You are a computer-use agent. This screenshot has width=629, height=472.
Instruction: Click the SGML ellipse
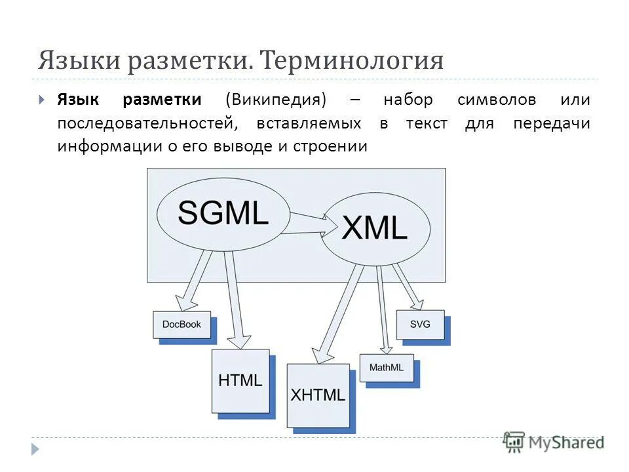click(223, 214)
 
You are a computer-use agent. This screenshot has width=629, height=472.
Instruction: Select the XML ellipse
click(375, 229)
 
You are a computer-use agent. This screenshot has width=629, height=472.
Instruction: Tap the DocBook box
click(182, 324)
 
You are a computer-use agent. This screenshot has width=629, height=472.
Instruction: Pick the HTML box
click(240, 380)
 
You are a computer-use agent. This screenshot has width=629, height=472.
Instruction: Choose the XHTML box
click(318, 395)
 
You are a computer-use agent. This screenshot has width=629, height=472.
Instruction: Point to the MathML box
click(387, 368)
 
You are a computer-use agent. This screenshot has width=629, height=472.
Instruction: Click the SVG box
click(420, 324)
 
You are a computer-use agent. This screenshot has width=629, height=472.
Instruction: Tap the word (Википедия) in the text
click(275, 100)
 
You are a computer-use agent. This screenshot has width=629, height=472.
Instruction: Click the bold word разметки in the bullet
click(161, 100)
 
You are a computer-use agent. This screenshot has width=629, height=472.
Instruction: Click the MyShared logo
click(554, 441)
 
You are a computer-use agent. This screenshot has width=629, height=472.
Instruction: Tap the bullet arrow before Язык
click(42, 100)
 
